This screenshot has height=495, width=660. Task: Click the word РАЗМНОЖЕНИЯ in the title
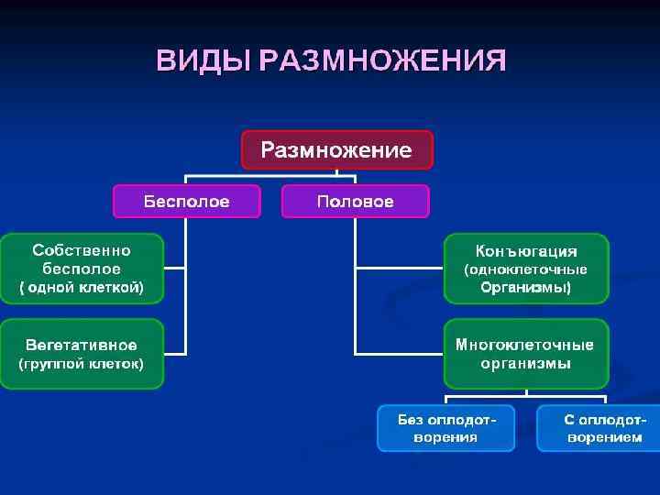click(x=382, y=60)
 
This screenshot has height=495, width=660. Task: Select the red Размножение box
click(x=336, y=149)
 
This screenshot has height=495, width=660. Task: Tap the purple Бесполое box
click(x=186, y=201)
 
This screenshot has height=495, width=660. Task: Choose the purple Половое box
click(x=355, y=201)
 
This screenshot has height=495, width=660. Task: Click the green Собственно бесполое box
click(x=82, y=268)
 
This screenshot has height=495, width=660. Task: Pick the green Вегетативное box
click(x=82, y=353)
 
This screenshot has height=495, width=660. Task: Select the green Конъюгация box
click(x=526, y=268)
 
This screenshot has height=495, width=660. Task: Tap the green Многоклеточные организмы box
click(x=526, y=353)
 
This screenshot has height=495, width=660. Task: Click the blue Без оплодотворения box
click(x=446, y=428)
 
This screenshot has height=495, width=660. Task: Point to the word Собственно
click(x=82, y=250)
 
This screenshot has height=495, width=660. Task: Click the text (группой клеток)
click(x=82, y=364)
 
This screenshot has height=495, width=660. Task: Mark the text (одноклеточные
click(x=526, y=269)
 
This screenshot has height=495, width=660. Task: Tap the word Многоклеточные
click(x=525, y=345)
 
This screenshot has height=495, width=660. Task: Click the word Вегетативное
click(x=82, y=345)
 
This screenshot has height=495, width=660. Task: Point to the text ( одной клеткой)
click(x=82, y=288)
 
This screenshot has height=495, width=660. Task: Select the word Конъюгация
click(x=526, y=251)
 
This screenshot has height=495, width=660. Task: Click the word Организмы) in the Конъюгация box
click(x=526, y=288)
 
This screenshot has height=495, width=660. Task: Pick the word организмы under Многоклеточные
click(x=525, y=364)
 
